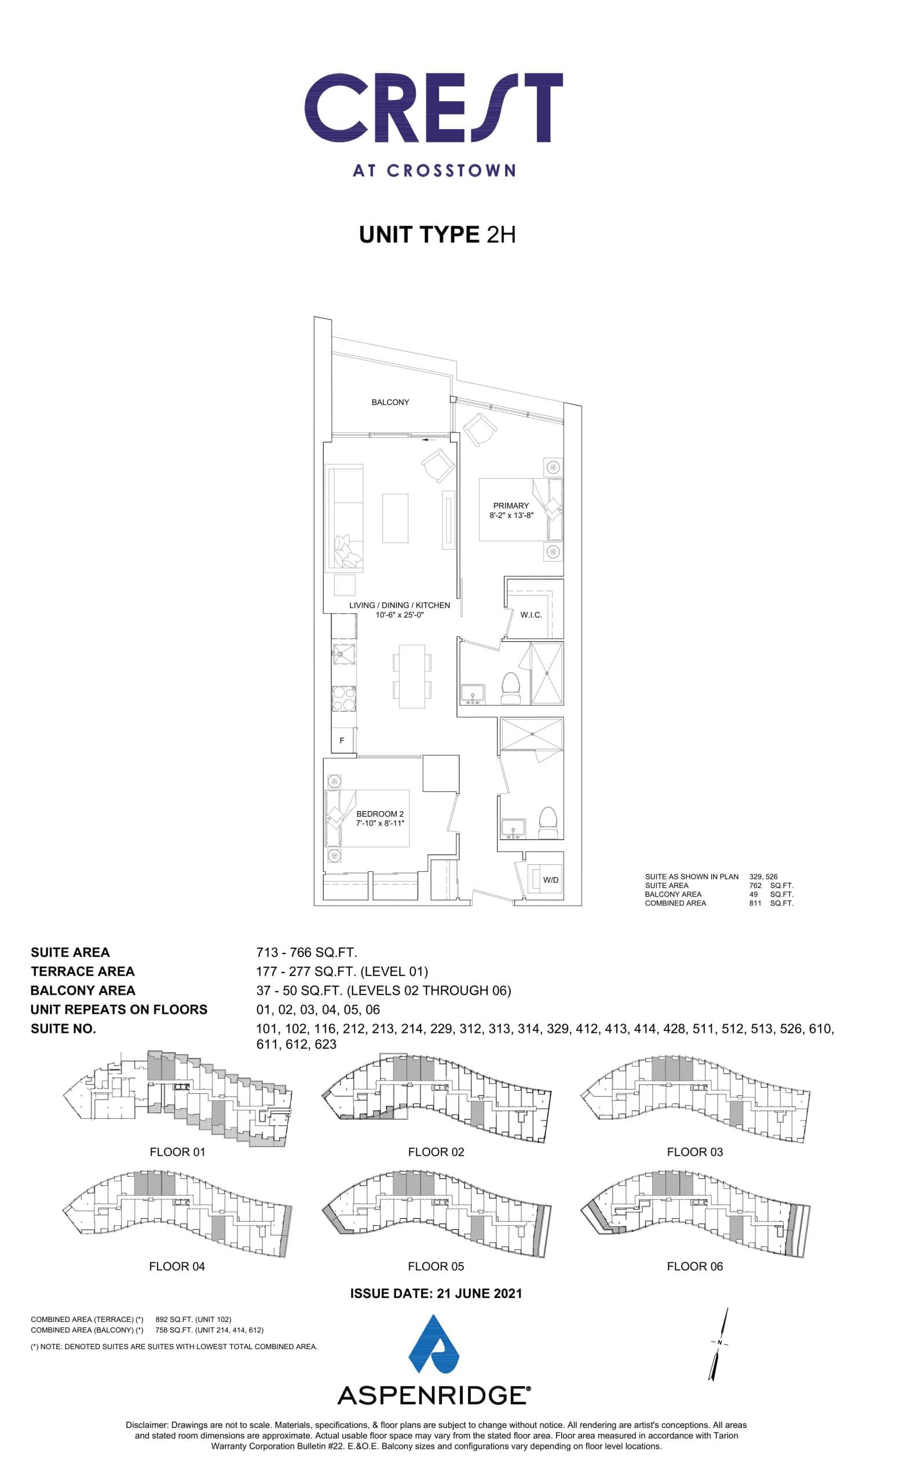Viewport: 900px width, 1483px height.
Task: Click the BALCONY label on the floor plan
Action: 390,402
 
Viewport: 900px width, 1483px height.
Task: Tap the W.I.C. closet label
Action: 531,615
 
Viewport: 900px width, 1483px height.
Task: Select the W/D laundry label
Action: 550,880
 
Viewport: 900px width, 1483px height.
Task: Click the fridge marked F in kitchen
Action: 342,740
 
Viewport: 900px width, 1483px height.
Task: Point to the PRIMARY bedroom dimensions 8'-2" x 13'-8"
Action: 511,516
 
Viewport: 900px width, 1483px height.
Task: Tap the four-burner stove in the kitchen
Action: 343,699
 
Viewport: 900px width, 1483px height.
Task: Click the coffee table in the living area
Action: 394,518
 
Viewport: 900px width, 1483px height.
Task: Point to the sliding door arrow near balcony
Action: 429,440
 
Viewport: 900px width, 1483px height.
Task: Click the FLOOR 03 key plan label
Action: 694,1152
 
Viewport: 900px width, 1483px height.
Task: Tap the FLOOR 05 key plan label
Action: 436,1266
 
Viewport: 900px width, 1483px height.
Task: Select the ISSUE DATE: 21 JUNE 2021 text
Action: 436,1294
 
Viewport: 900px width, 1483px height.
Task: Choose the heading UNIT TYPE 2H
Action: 437,235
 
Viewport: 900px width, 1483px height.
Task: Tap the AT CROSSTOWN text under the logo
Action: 433,170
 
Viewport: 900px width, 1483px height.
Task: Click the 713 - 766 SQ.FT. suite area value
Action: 306,952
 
